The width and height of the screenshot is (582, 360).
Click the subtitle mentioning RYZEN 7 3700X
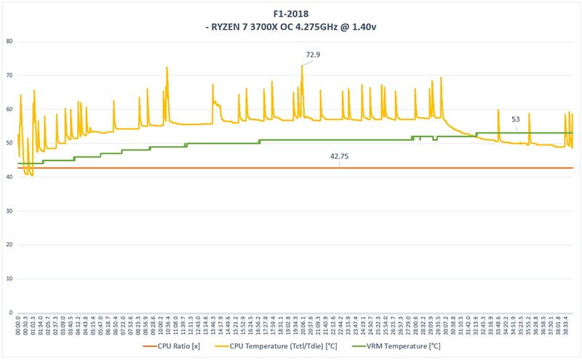click(291, 27)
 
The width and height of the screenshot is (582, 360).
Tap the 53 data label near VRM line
click(516, 119)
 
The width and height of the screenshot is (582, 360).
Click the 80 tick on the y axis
click(10, 41)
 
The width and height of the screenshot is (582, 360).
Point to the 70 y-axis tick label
click(10, 76)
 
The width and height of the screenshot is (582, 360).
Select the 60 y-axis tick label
click(10, 109)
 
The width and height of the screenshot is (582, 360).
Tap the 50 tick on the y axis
click(10, 143)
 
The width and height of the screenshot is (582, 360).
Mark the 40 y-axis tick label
click(10, 177)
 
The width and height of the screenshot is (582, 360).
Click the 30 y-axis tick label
click(10, 211)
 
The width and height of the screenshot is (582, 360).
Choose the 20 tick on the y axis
click(10, 245)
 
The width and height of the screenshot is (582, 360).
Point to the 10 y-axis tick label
click(10, 279)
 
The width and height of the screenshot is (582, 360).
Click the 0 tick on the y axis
click(12, 313)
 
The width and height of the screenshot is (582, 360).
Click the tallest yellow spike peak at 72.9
click(302, 66)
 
